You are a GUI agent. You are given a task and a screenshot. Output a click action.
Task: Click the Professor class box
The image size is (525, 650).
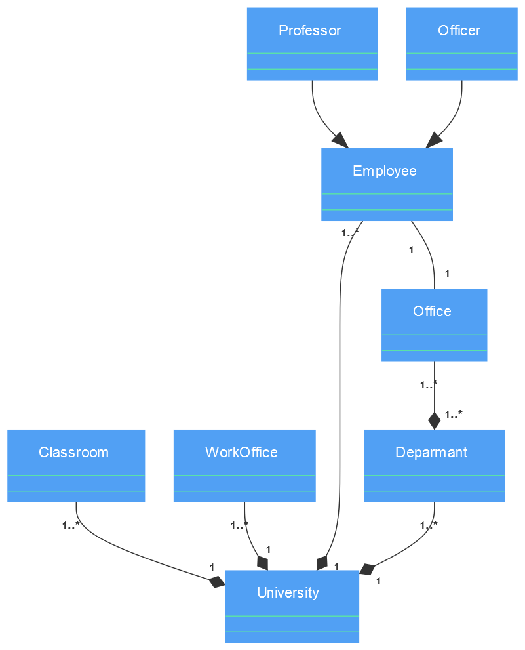pyautogui.click(x=312, y=44)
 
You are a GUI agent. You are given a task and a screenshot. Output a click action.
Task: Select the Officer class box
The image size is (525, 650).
pyautogui.click(x=461, y=44)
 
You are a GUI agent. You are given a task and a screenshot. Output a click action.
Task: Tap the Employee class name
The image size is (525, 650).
pyautogui.click(x=385, y=171)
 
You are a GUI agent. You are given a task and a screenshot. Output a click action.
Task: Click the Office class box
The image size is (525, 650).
pyautogui.click(x=434, y=325)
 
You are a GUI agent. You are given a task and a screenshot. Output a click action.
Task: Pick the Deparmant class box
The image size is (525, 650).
pyautogui.click(x=434, y=466)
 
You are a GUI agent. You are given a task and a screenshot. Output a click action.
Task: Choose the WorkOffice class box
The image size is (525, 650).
pyautogui.click(x=244, y=466)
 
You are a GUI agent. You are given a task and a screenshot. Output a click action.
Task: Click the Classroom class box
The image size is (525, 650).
pyautogui.click(x=76, y=466)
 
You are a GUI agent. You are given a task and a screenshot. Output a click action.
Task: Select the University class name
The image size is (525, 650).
pyautogui.click(x=288, y=593)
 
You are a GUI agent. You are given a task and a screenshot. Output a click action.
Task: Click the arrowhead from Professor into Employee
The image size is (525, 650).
pyautogui.click(x=340, y=140)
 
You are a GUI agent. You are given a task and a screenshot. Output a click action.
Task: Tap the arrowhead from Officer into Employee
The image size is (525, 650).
pyautogui.click(x=433, y=140)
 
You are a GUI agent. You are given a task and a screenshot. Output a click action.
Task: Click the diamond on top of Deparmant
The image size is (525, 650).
pyautogui.click(x=434, y=420)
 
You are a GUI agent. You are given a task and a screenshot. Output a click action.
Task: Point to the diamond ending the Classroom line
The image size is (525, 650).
pyautogui.click(x=216, y=581)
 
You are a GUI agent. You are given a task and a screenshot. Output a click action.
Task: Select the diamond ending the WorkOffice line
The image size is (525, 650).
pyautogui.click(x=263, y=563)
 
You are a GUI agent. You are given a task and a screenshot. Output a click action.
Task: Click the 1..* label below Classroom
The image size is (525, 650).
pyautogui.click(x=71, y=525)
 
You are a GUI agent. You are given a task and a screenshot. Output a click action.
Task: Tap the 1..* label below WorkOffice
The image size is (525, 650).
pyautogui.click(x=239, y=525)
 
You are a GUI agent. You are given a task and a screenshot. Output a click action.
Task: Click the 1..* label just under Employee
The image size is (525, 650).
pyautogui.click(x=350, y=232)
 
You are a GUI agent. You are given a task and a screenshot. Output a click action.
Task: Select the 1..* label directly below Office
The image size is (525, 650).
pyautogui.click(x=429, y=384)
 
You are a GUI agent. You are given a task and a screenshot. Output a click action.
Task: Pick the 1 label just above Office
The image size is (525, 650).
pyautogui.click(x=447, y=274)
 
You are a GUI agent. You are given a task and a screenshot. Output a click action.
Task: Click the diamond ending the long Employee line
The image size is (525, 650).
pyautogui.click(x=321, y=563)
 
